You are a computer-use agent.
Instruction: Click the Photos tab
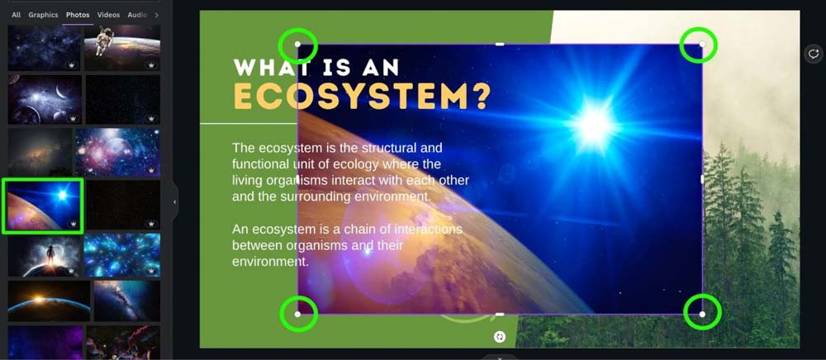78,15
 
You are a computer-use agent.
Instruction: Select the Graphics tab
43,15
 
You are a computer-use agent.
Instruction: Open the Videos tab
108,15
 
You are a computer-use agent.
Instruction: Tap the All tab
17,15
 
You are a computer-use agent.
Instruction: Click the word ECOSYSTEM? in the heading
362,96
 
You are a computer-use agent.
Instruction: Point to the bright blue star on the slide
594,125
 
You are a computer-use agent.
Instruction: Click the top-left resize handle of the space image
297,45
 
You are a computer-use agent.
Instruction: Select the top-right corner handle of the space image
701,45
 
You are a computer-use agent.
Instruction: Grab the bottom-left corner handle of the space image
297,315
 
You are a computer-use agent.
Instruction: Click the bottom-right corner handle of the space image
701,315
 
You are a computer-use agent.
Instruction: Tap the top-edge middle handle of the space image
500,45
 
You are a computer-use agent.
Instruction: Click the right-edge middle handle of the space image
701,179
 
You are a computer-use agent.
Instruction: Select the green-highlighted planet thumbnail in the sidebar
43,206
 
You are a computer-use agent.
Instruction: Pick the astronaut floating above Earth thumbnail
122,47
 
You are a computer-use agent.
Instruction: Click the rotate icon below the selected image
500,337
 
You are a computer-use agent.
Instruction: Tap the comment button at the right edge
814,54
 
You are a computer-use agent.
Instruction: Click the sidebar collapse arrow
175,201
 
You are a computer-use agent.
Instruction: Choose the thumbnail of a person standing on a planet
45,255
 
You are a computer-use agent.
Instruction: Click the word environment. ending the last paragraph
270,262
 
